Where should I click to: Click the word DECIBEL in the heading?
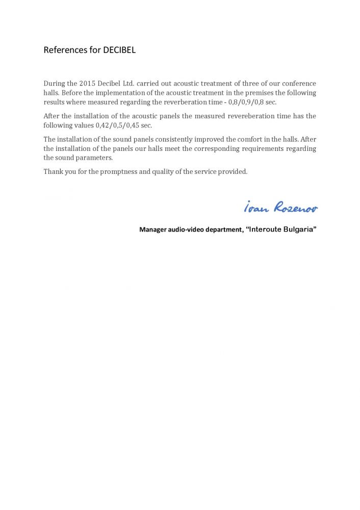point(120,50)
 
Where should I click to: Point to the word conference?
point(297,83)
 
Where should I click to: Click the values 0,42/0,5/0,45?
point(116,125)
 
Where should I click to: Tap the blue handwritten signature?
point(280,207)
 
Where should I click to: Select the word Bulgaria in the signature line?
point(299,229)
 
